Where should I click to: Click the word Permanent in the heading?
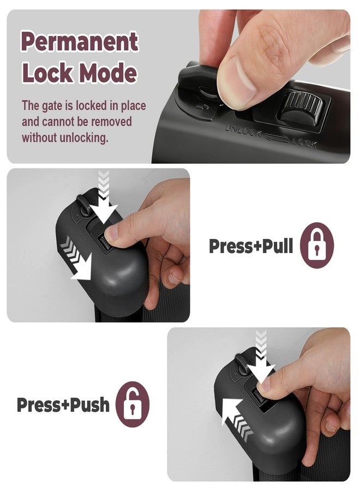(x=80, y=41)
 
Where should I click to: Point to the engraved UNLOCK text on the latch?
(x=243, y=131)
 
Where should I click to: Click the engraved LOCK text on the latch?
(x=304, y=142)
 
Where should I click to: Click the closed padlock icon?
(x=317, y=245)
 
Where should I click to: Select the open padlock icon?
(x=133, y=404)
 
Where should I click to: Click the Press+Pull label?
(x=251, y=246)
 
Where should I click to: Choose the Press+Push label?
(x=63, y=405)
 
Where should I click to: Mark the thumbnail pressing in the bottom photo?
(x=265, y=384)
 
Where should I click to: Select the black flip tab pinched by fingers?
(x=198, y=79)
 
